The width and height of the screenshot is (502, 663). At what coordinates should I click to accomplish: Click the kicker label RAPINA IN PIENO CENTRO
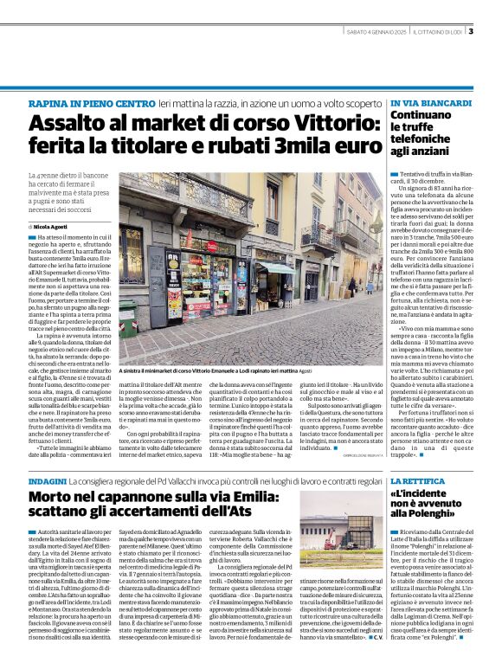(80, 103)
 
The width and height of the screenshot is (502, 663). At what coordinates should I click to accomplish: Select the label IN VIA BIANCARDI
(426, 103)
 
